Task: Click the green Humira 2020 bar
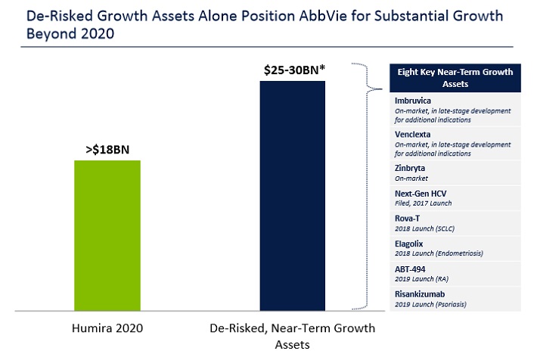(107, 234)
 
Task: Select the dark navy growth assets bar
(293, 195)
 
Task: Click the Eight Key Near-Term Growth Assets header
(455, 79)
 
